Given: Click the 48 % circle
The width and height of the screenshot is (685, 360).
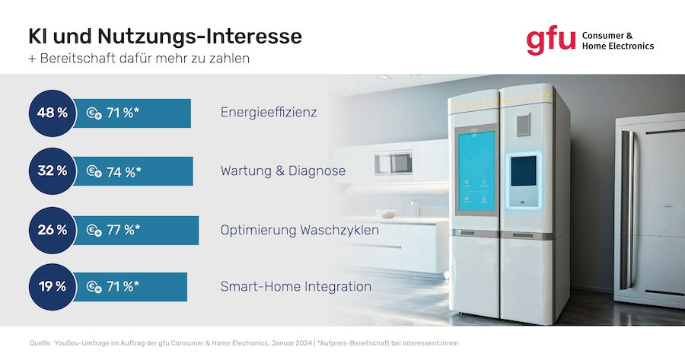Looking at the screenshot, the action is pyautogui.click(x=53, y=113).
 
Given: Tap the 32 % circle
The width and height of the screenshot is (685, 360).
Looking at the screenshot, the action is pyautogui.click(x=53, y=170).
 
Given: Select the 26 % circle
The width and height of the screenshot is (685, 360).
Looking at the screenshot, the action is pyautogui.click(x=53, y=230).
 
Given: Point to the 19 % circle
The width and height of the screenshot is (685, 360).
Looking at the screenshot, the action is pyautogui.click(x=53, y=287).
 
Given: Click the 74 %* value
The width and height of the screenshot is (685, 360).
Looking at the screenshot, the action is pyautogui.click(x=123, y=172).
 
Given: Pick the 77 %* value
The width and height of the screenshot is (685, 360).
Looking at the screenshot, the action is pyautogui.click(x=123, y=230).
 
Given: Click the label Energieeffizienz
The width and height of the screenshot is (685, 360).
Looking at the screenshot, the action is pyautogui.click(x=269, y=113).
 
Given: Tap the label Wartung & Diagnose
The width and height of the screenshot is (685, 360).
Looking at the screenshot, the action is pyautogui.click(x=283, y=170).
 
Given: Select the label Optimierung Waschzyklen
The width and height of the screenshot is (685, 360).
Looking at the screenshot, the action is pyautogui.click(x=300, y=230).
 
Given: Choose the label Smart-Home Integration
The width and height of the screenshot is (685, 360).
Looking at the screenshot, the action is pyautogui.click(x=296, y=287).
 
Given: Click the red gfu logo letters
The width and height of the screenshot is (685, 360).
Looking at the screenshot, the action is pyautogui.click(x=550, y=42).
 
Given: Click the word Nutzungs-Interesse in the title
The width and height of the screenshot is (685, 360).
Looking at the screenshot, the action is pyautogui.click(x=199, y=37).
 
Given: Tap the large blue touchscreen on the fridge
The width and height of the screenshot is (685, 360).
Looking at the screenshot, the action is pyautogui.click(x=476, y=170).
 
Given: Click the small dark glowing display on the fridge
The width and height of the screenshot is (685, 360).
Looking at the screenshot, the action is pyautogui.click(x=524, y=170).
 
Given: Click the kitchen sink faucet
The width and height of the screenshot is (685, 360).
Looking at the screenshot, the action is pyautogui.click(x=415, y=209).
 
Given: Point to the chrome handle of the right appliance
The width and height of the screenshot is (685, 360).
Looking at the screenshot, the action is pyautogui.click(x=627, y=210).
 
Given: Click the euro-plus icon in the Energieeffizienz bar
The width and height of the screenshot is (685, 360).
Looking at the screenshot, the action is pyautogui.click(x=94, y=113).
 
